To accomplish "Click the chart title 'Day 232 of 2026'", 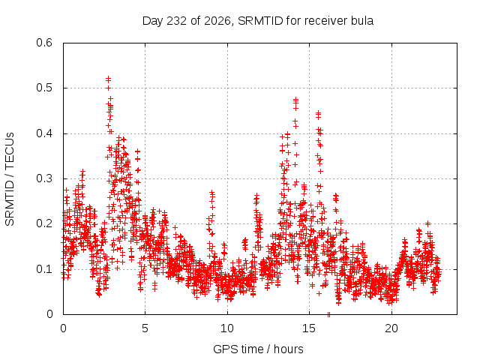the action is (186, 21).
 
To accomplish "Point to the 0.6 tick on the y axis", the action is (44, 43).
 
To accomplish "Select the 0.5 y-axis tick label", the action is (44, 88).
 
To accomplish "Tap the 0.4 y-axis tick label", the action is (44, 133).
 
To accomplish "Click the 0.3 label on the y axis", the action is (44, 178).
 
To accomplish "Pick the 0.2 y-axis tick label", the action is (44, 223).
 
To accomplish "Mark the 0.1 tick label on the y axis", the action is (44, 269).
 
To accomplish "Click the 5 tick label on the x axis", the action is (145, 328).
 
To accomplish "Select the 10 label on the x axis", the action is (227, 328).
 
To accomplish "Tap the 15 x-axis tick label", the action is (309, 328).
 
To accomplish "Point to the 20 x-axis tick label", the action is (391, 328).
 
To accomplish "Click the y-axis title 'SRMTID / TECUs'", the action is (10, 179).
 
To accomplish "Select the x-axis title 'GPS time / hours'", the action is (258, 349).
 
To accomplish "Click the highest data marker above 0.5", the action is (108, 79).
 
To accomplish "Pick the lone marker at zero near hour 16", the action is (328, 314).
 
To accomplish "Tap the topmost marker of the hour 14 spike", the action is (295, 99).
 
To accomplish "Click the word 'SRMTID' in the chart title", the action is (260, 21).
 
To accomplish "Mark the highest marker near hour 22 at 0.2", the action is (428, 223).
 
